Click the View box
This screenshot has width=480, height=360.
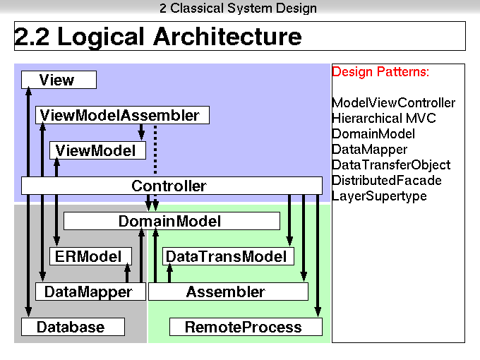(x=59, y=80)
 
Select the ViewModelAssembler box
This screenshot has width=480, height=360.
(x=122, y=115)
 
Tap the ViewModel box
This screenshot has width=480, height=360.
(x=97, y=150)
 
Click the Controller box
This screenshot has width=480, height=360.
(x=172, y=186)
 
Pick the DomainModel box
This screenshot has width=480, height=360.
(x=172, y=221)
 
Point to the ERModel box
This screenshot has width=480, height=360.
(x=90, y=256)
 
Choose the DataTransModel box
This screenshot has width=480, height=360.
(x=228, y=256)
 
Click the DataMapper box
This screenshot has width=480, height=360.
(x=90, y=292)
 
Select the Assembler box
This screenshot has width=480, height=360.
(x=228, y=292)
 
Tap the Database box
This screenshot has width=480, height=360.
(x=73, y=327)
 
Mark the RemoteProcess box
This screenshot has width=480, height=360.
(x=246, y=327)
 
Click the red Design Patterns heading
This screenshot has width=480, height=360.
(x=380, y=72)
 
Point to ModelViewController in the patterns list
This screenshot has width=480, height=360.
(x=393, y=103)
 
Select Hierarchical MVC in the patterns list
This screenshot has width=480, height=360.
(x=384, y=118)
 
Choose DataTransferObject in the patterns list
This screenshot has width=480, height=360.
(x=391, y=165)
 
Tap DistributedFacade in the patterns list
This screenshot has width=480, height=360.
(x=387, y=180)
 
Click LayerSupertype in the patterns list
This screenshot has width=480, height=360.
(x=379, y=196)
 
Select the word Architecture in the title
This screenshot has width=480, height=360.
(x=228, y=37)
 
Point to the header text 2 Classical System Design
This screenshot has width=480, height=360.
(x=238, y=8)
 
